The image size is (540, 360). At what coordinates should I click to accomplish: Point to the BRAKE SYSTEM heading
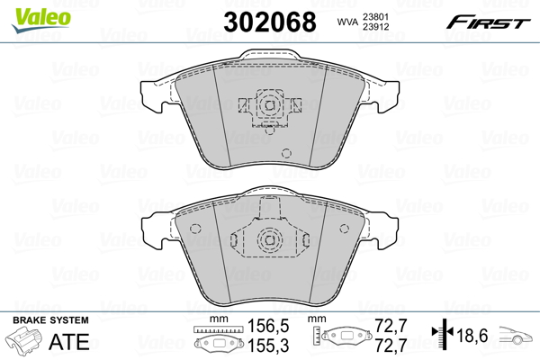click(50, 321)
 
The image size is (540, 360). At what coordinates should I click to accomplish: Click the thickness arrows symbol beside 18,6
click(441, 336)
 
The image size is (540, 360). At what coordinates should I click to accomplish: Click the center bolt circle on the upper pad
click(268, 104)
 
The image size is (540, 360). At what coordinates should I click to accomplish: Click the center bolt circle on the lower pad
click(268, 239)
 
